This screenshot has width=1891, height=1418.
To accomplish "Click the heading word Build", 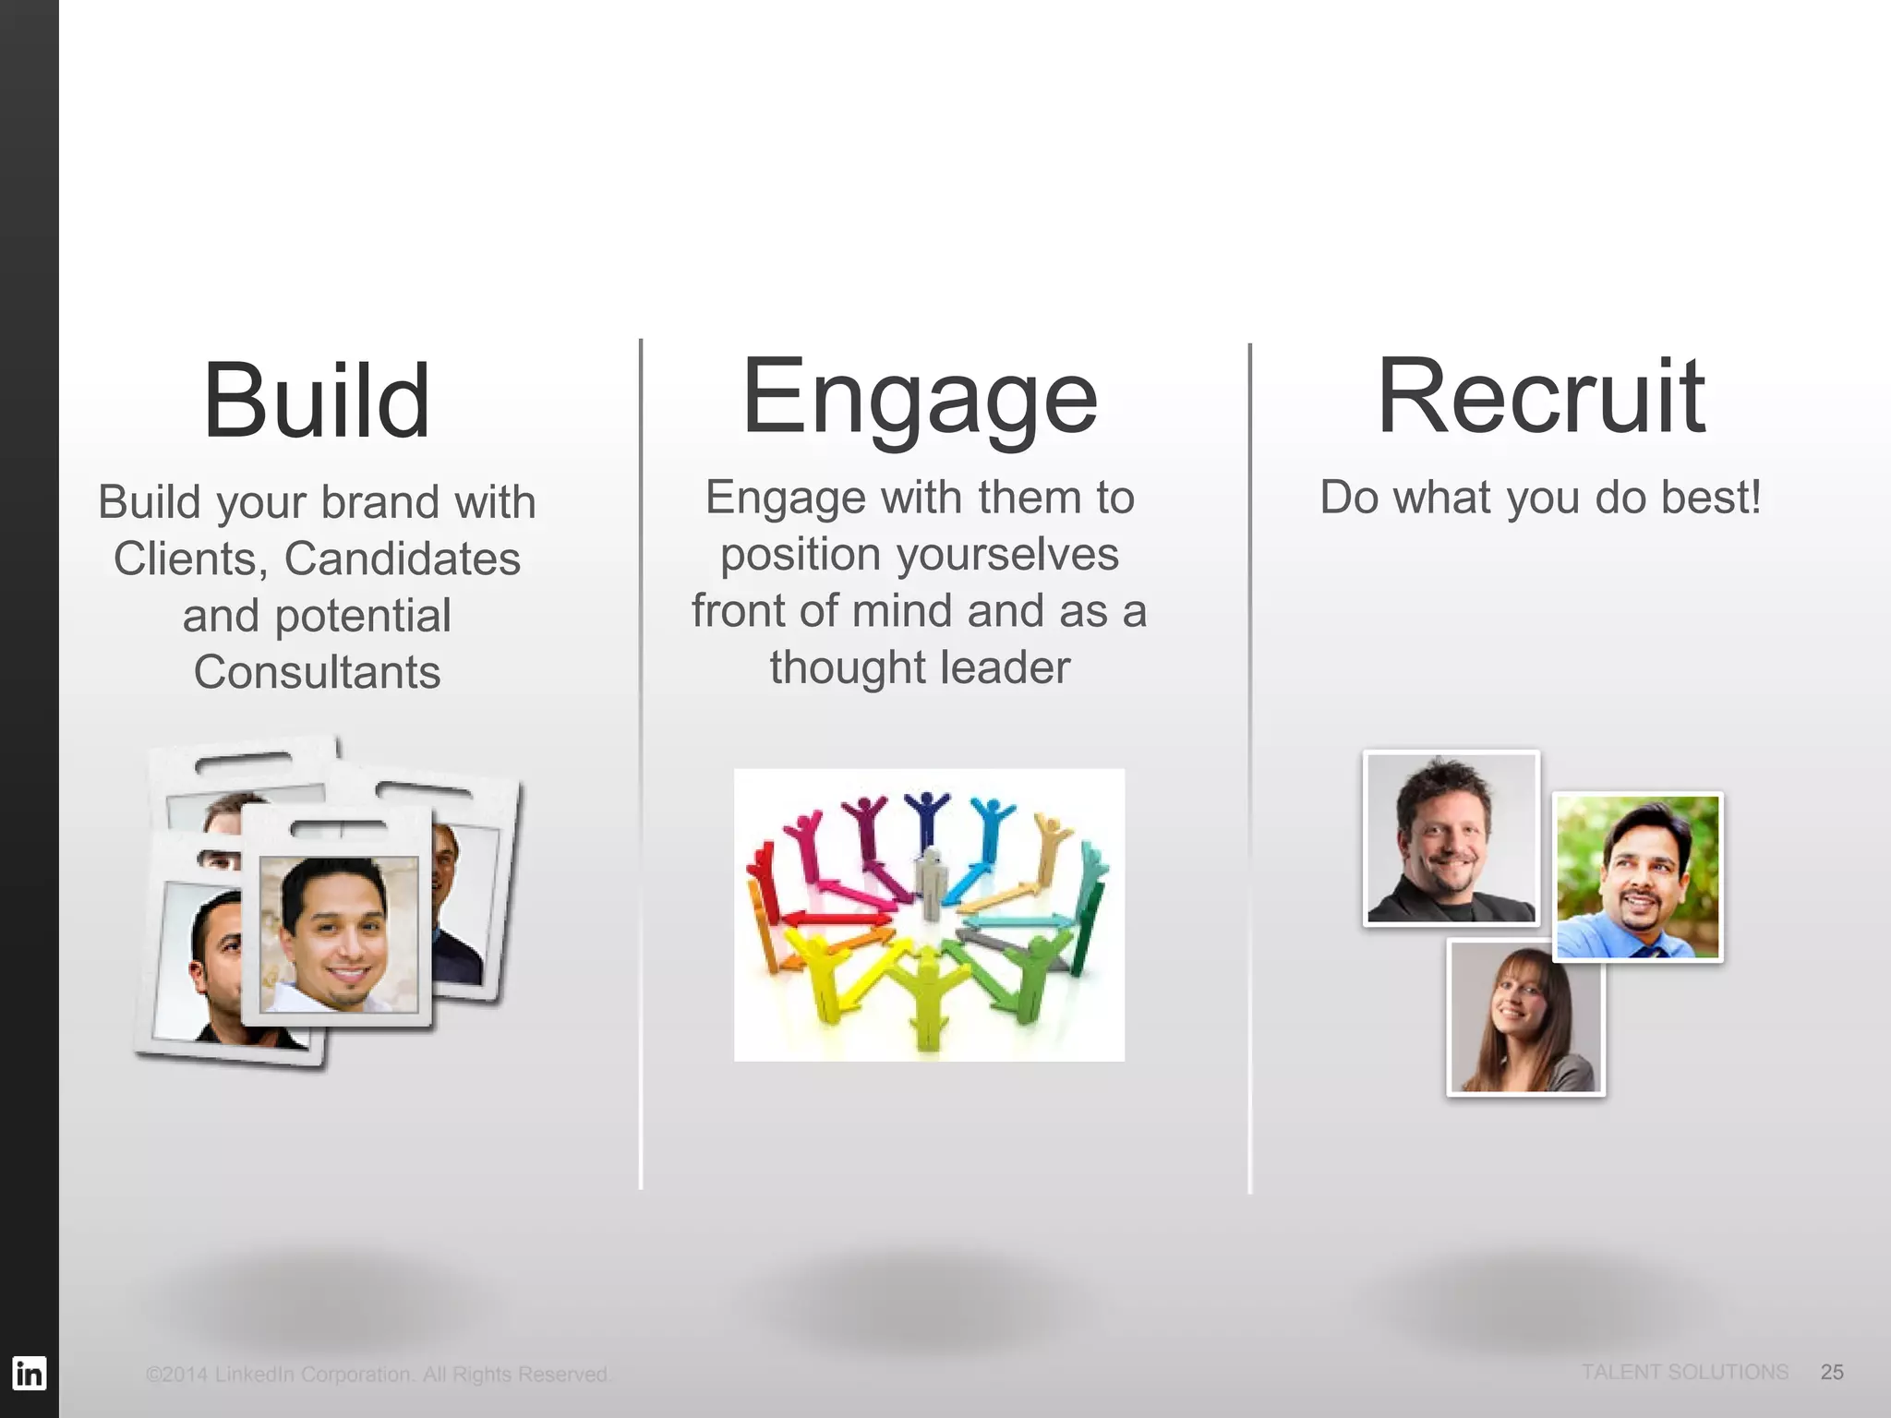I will click(x=317, y=401).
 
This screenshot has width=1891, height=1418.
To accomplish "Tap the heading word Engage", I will click(x=920, y=397).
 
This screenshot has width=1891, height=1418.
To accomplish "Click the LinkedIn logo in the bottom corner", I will click(x=29, y=1373).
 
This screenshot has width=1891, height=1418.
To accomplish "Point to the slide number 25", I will click(x=1832, y=1372).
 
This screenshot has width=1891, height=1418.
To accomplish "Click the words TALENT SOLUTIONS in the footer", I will click(x=1684, y=1372).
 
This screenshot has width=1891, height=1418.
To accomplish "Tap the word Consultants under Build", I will click(x=317, y=671).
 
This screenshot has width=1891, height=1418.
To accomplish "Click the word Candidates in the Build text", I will click(x=402, y=559).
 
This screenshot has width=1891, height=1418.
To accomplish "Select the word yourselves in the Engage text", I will click(x=1007, y=554).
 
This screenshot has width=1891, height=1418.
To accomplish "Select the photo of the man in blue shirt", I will click(x=1638, y=877).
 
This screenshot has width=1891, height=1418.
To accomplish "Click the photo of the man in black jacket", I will click(x=1451, y=838).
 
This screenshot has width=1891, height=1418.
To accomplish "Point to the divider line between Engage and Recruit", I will click(x=1250, y=767).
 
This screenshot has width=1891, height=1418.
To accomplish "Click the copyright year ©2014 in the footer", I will click(x=177, y=1375).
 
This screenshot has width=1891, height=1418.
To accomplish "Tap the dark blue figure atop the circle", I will click(x=926, y=812).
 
